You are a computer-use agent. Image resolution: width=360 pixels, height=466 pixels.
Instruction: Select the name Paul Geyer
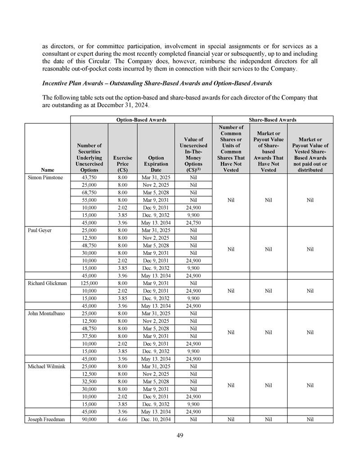(39, 230)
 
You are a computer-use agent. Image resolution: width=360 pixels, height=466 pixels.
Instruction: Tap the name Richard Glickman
(47, 283)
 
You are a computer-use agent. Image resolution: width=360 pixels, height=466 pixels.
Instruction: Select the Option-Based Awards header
(141, 120)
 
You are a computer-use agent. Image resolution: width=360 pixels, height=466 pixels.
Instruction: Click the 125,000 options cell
(89, 283)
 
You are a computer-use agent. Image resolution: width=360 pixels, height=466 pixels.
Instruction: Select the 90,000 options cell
(89, 419)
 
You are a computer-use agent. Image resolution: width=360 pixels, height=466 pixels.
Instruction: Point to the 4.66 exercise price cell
(122, 419)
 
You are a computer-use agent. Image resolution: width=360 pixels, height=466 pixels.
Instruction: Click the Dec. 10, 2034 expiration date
(156, 419)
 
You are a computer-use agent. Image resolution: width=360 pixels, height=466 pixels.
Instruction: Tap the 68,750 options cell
(89, 193)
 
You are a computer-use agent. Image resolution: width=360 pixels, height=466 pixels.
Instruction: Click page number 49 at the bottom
(180, 435)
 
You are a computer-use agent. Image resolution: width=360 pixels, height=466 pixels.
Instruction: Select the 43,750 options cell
(89, 178)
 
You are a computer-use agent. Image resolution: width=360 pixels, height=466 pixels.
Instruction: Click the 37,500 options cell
(89, 336)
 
